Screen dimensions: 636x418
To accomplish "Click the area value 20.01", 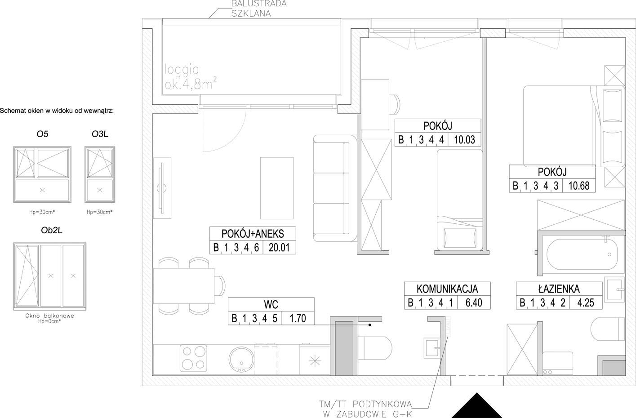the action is point(279,247).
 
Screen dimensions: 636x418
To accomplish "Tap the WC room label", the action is point(271,304).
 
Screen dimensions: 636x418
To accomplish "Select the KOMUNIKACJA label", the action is point(447,289).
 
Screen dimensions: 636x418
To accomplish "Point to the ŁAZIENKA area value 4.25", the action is point(586,302).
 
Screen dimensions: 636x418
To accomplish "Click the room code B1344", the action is point(421,140).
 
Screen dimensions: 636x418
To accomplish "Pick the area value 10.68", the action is point(579,186).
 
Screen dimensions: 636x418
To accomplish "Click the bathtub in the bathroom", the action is point(582,254).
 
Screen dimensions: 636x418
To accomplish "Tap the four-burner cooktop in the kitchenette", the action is point(193,358).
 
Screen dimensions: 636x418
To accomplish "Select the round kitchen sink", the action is point(241,359).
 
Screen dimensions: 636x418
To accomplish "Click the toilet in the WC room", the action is point(375,348).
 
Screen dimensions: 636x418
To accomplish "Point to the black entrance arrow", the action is point(477,405).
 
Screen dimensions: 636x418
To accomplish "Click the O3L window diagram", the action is point(100,175).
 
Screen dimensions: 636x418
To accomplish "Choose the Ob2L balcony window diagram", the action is point(50,276).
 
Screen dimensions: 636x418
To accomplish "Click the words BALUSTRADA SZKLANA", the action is point(259,9).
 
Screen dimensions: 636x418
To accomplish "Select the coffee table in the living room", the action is point(277,188).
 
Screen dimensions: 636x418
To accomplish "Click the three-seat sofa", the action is point(335,188).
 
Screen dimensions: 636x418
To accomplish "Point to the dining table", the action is point(184,286).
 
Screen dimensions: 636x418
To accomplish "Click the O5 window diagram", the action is point(42,175).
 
